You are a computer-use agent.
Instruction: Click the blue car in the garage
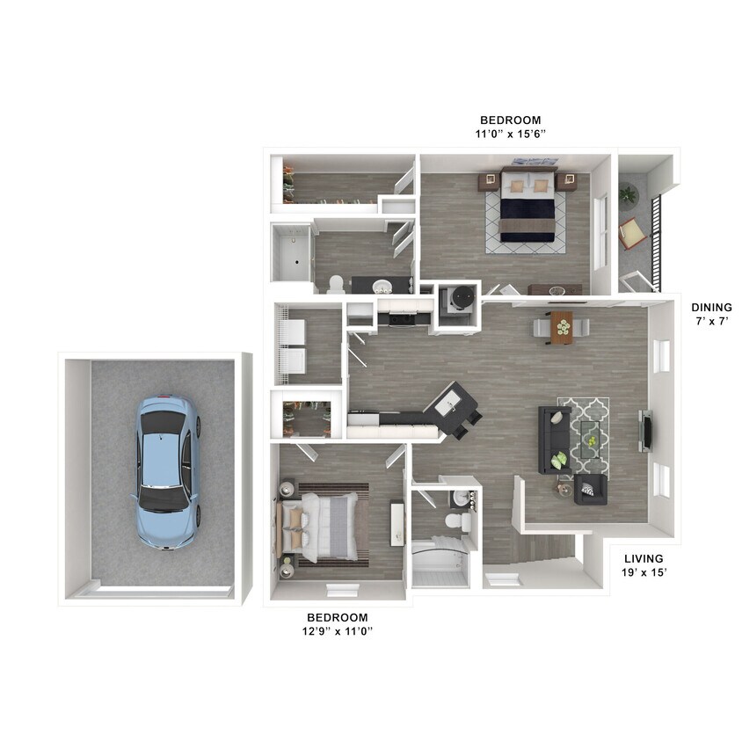[x=167, y=471]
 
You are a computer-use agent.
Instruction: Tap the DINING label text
[x=711, y=308]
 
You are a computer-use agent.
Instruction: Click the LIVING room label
[x=644, y=558]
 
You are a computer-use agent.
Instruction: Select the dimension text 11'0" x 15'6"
[x=510, y=134]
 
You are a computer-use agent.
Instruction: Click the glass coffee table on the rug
[x=593, y=434]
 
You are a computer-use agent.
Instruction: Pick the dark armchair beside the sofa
[x=591, y=488]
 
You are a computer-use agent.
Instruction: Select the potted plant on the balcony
[x=628, y=194]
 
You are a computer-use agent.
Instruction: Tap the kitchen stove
[x=403, y=315]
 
